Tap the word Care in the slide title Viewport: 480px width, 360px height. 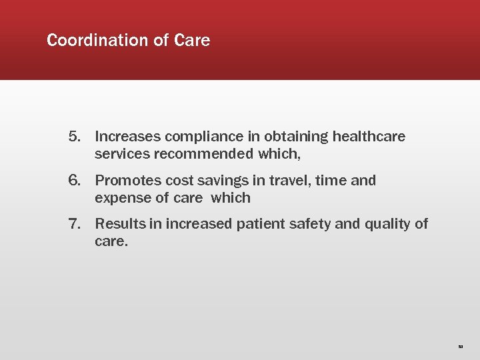(x=192, y=41)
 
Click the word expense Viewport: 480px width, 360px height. (x=120, y=199)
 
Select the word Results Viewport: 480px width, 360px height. (x=120, y=224)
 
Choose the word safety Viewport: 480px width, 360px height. (x=310, y=225)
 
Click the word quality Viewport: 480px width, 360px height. (x=387, y=225)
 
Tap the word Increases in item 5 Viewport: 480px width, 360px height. (x=128, y=137)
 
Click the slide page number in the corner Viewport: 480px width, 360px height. (x=460, y=347)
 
